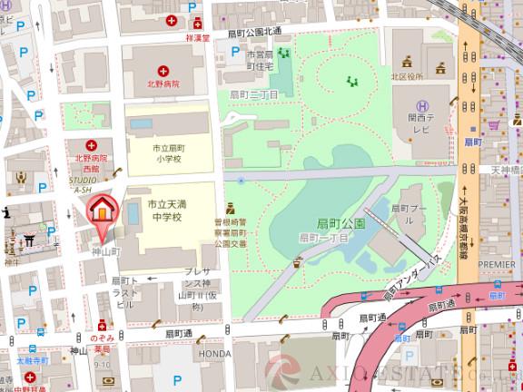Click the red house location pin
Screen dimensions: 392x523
click(x=102, y=210)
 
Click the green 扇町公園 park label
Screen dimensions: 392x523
click(x=340, y=223)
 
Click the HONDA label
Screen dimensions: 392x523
click(x=215, y=354)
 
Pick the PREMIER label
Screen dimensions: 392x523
click(x=496, y=265)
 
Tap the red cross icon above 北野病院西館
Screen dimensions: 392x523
click(x=91, y=145)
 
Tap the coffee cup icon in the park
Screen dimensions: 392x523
click(x=297, y=263)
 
